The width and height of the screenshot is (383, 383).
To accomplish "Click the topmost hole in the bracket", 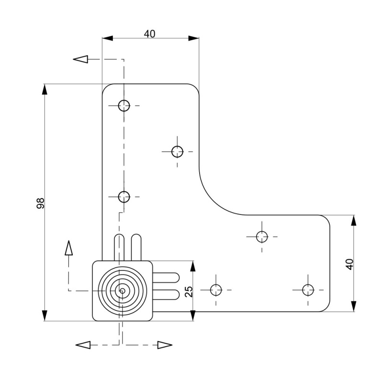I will point(124,105).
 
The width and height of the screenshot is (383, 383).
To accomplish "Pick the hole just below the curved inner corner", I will point(262,236).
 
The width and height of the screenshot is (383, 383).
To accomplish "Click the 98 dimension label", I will point(41,203).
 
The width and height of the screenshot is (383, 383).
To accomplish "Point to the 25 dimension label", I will point(189,292).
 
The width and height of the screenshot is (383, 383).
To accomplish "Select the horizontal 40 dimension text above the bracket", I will point(149,34).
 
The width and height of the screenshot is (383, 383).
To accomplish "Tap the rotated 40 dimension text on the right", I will point(349,264).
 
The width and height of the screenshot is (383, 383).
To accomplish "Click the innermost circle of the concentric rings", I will point(123,291).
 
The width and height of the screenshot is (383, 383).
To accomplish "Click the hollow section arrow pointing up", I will point(69,248).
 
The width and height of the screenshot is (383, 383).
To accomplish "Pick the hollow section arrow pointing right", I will point(165,345).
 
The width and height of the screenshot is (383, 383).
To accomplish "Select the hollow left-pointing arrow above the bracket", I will point(81,59).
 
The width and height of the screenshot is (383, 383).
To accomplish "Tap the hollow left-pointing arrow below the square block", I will point(83,345).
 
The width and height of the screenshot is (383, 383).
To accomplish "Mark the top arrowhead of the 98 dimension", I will point(45,90).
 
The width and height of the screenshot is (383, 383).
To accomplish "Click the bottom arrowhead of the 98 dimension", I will point(45,315).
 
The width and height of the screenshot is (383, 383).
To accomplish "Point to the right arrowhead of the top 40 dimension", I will point(193,38).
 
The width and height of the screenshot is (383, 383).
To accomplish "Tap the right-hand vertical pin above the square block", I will point(136,247).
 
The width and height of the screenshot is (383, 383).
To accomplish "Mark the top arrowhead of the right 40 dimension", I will point(354,221).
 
